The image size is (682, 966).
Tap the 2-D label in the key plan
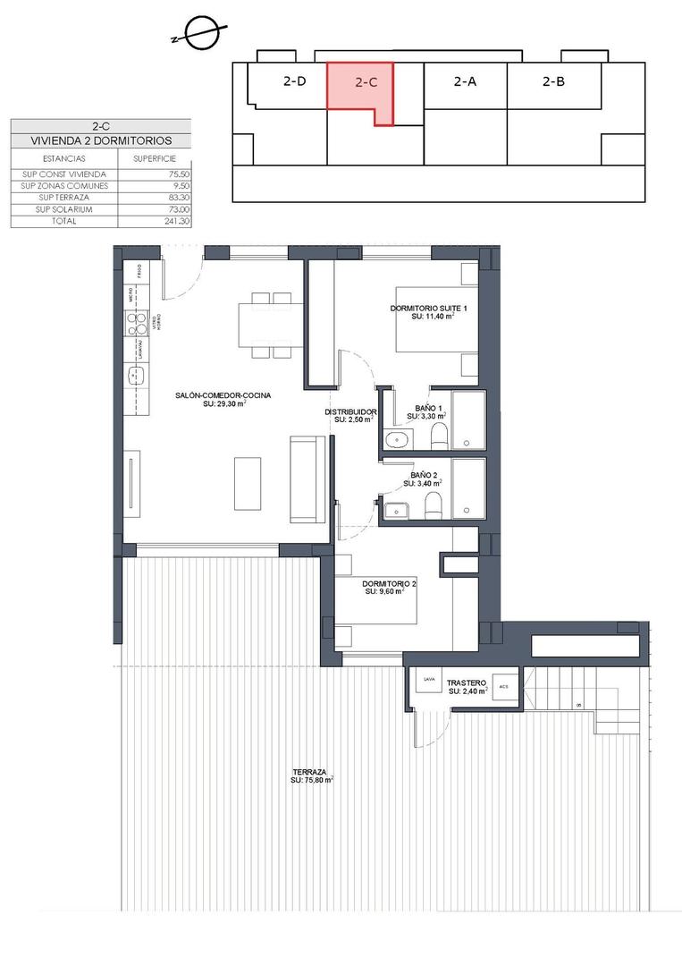coord(294,81)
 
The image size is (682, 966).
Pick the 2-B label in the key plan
coord(553,81)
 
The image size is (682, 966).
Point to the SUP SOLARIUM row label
coord(63,209)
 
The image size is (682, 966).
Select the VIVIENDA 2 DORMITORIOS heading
coord(100,141)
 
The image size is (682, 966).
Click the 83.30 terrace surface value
coord(178,198)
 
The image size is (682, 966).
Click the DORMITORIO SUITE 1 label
coord(428,309)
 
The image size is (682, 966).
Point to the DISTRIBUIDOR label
coord(349,412)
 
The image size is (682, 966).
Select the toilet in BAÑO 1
coord(438,436)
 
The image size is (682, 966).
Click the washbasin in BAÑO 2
coord(396,510)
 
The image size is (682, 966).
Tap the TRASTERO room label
coord(466,682)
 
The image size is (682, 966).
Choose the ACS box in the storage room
coord(504,687)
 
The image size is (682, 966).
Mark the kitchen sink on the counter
coord(137,377)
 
